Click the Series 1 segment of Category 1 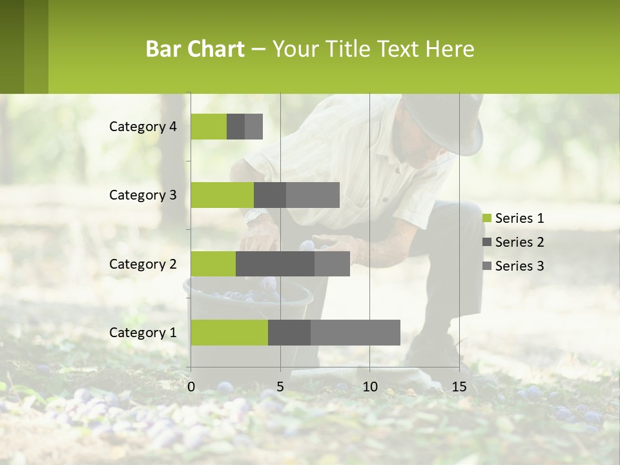pyautogui.click(x=229, y=333)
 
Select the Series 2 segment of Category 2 pyautogui.click(x=275, y=263)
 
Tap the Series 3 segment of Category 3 pyautogui.click(x=313, y=195)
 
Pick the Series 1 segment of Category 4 pyautogui.click(x=209, y=127)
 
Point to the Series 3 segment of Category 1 pyautogui.click(x=355, y=333)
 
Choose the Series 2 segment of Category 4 pyautogui.click(x=236, y=127)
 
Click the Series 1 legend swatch pyautogui.click(x=487, y=218)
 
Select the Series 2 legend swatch pyautogui.click(x=487, y=242)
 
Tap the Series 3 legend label pyautogui.click(x=519, y=266)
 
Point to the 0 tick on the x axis pyautogui.click(x=191, y=387)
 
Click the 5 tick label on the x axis pyautogui.click(x=280, y=387)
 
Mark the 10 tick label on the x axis pyautogui.click(x=369, y=387)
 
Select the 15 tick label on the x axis pyautogui.click(x=459, y=387)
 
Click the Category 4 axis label pyautogui.click(x=143, y=127)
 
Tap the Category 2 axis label pyautogui.click(x=143, y=263)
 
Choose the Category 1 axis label pyautogui.click(x=143, y=333)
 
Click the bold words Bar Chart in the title pyautogui.click(x=195, y=49)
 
